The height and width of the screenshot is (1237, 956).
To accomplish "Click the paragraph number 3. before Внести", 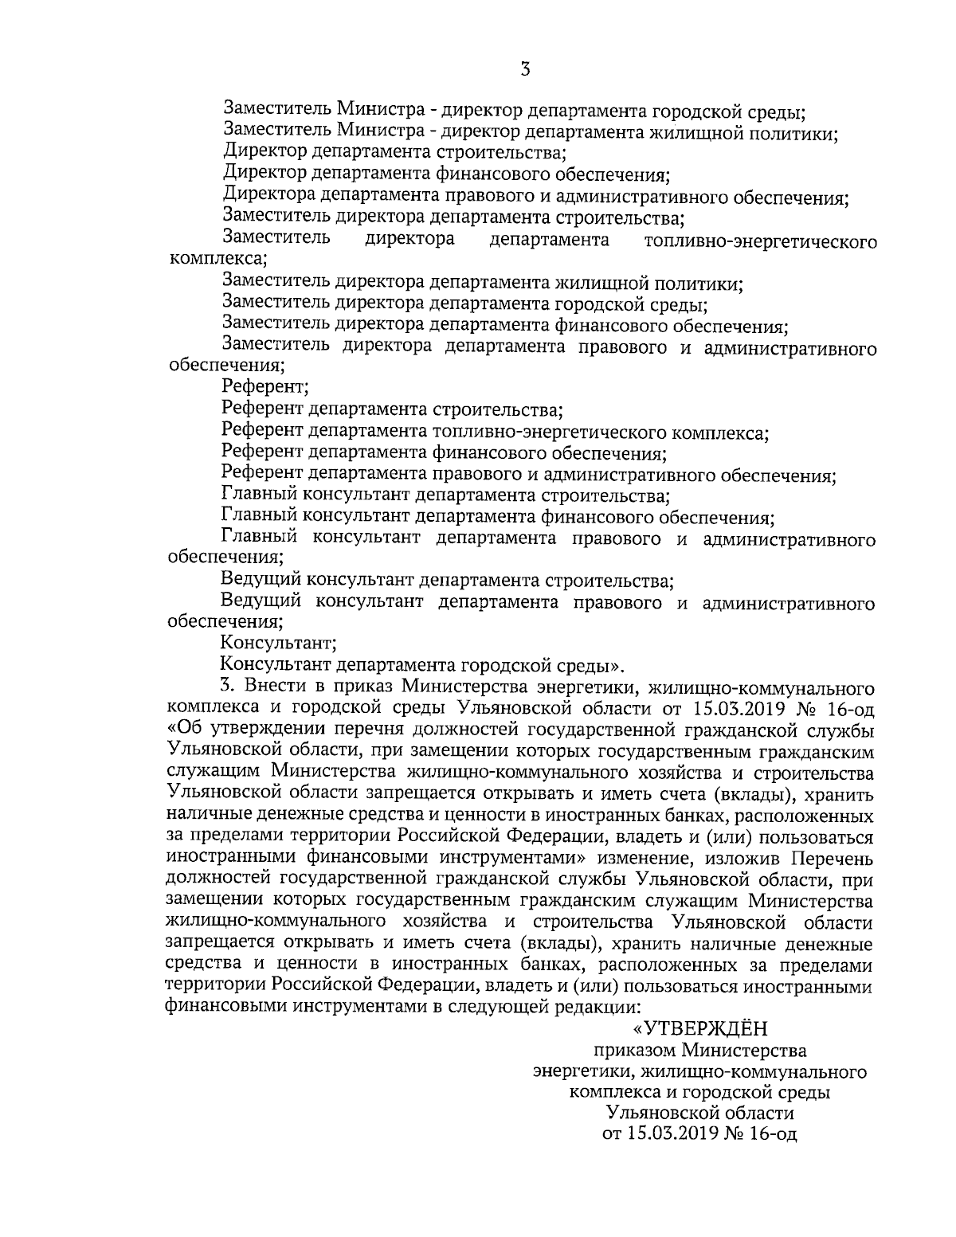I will (x=229, y=686).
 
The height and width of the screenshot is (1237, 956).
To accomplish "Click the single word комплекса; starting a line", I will (x=217, y=259).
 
